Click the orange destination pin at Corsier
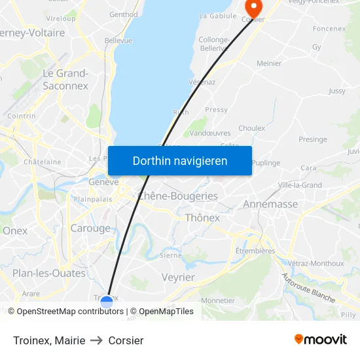pos(253,7)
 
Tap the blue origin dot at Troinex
pos(107,302)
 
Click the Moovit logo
pos(320,340)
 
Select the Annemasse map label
pos(270,204)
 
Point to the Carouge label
pos(90,228)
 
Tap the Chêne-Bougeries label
pos(177,196)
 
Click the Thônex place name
pos(202,218)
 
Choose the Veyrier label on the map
pos(178,278)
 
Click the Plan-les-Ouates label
pos(49,273)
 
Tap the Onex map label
pos(15,230)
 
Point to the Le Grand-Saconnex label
pos(65,79)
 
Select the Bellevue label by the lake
pos(118,41)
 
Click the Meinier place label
pos(269,63)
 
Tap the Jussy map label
pos(336,91)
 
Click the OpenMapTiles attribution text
pos(166,312)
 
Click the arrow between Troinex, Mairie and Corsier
pos(97,340)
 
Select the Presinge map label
pos(312,139)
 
